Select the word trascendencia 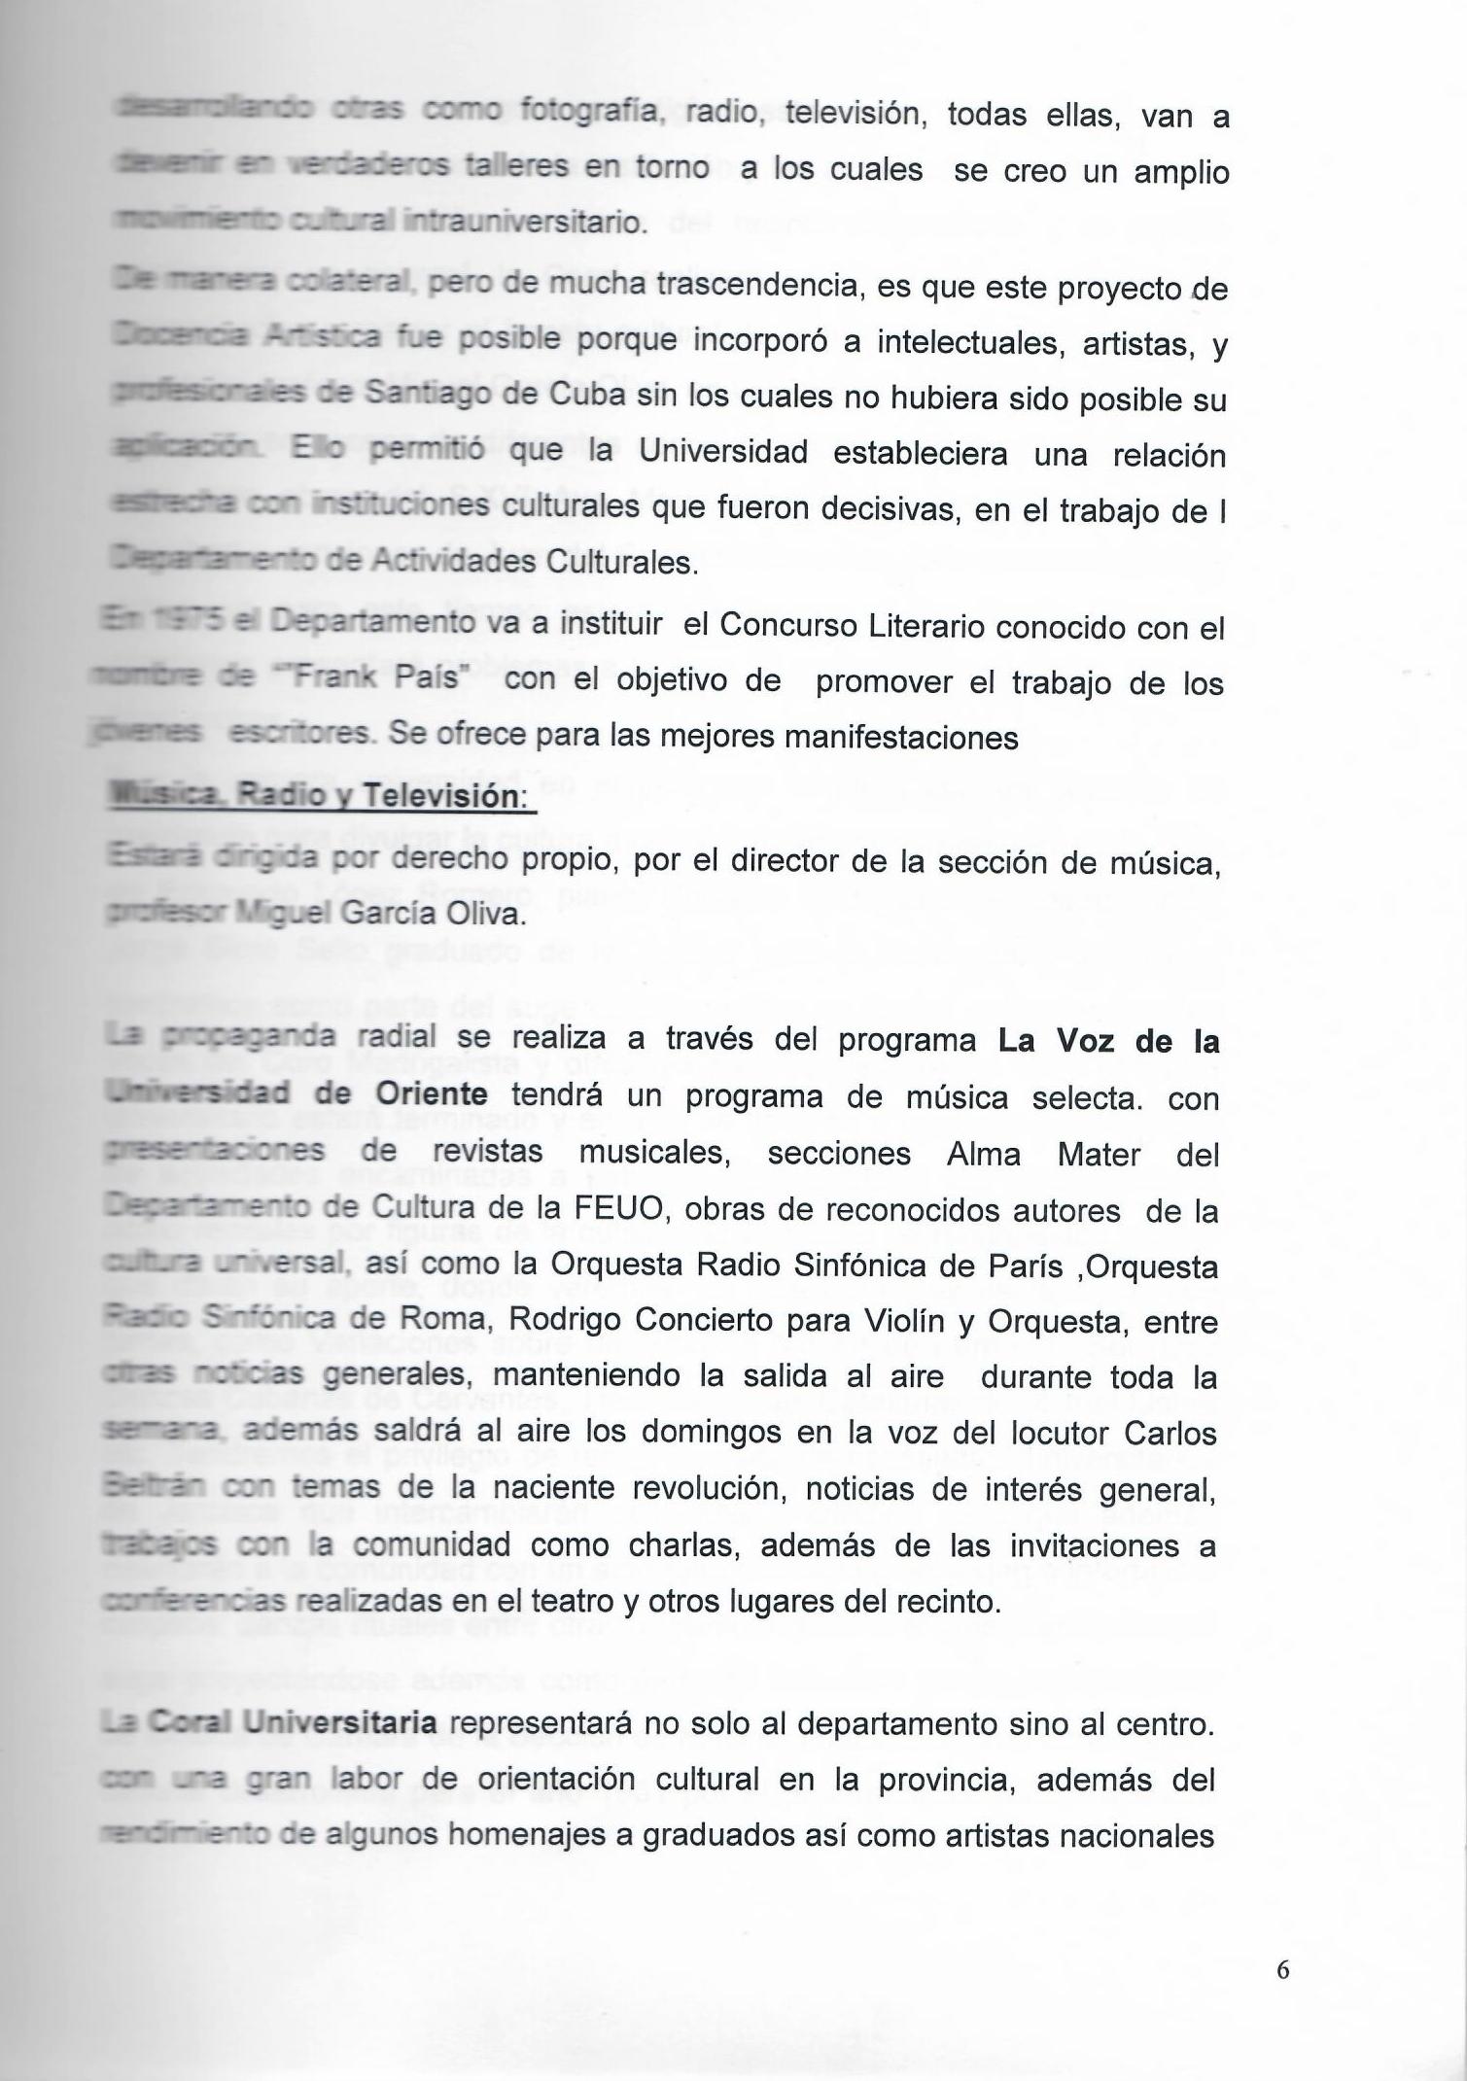tap(761, 288)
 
